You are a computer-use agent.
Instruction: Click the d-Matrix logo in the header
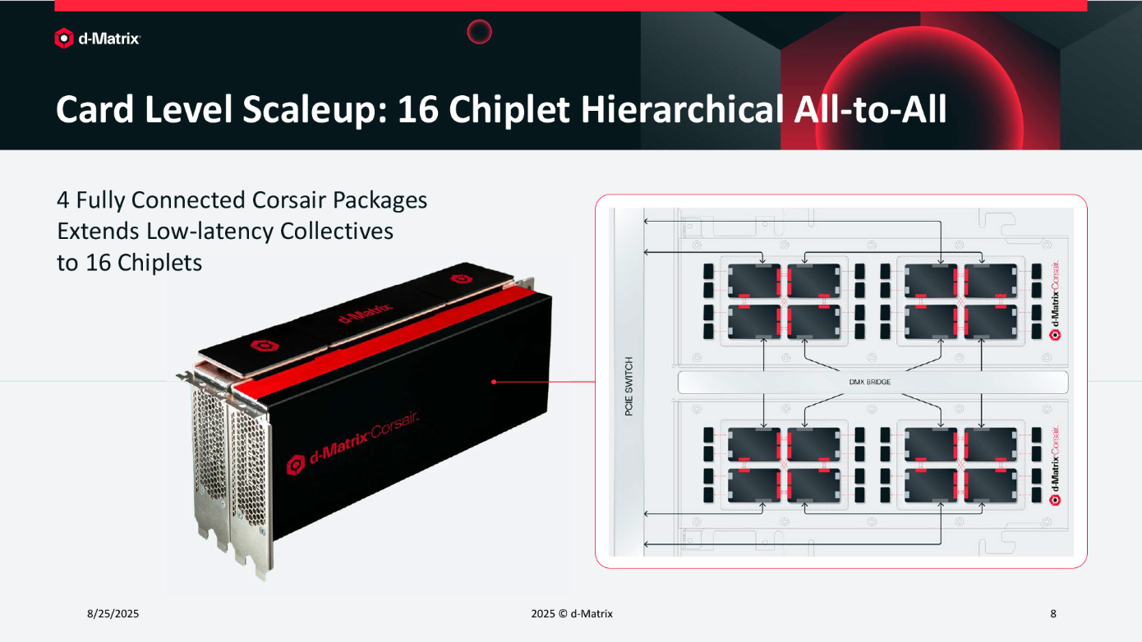(x=98, y=39)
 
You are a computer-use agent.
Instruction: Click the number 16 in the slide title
(x=417, y=109)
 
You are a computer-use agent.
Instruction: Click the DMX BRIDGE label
(x=870, y=382)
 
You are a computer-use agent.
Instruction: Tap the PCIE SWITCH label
(x=629, y=386)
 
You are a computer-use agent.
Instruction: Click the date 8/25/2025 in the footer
(x=113, y=613)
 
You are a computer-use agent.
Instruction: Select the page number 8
(x=1053, y=613)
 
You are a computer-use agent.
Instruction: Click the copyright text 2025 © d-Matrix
(x=572, y=613)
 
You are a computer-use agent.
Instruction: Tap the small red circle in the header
(x=479, y=31)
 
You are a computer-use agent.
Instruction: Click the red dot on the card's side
(x=494, y=382)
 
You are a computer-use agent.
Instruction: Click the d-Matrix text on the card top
(x=366, y=313)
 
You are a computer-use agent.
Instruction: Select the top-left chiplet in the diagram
(x=753, y=280)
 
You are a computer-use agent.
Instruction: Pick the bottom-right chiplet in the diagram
(x=990, y=485)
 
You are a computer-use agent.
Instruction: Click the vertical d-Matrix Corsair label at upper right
(x=1055, y=300)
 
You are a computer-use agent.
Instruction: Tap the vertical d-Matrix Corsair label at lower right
(x=1055, y=465)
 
